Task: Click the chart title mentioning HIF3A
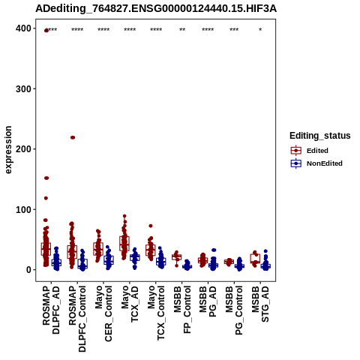[156, 9]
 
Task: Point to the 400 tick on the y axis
[23, 28]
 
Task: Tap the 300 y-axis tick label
[23, 88]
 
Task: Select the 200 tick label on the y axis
[23, 149]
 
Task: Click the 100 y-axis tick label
[23, 209]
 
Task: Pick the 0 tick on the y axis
[28, 270]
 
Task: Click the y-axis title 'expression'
[8, 150]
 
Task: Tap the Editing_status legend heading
[320, 136]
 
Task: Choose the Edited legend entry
[317, 151]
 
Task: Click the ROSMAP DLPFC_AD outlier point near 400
[46, 31]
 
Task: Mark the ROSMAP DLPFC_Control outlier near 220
[73, 137]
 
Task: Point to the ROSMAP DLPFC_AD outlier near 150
[46, 178]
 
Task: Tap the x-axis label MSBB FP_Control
[182, 310]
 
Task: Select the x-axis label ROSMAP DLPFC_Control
[77, 319]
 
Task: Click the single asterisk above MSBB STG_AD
[260, 30]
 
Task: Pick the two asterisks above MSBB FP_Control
[182, 30]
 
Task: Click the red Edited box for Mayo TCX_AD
[124, 244]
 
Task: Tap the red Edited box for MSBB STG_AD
[255, 258]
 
